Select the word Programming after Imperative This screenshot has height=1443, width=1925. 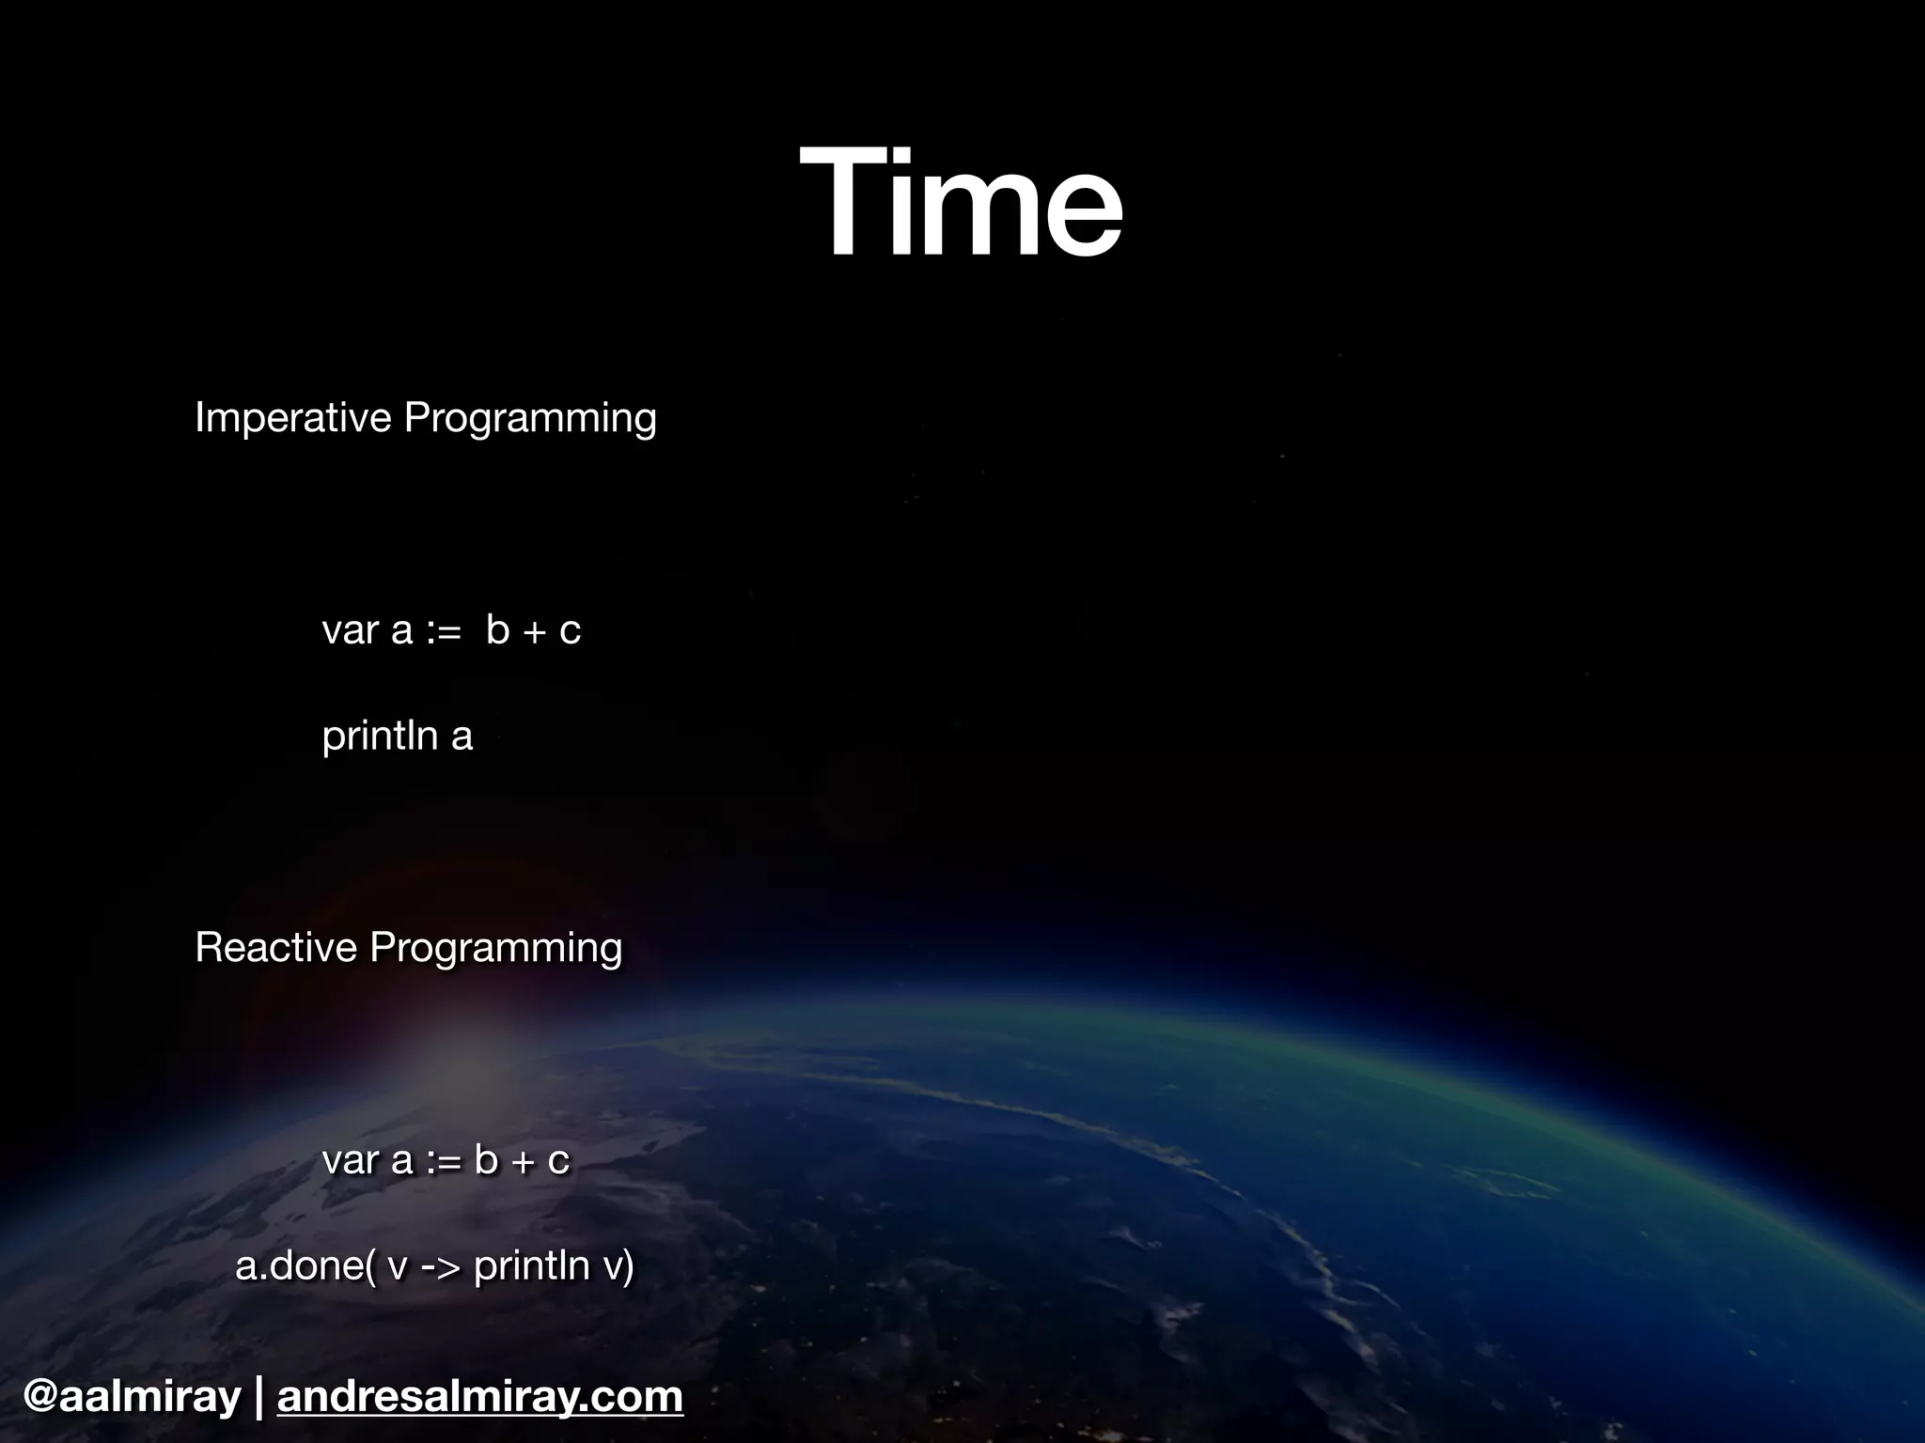pos(529,418)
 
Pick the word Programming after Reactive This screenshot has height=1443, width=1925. pos(495,947)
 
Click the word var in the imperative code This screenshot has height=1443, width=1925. pos(350,630)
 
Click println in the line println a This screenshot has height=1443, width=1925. pos(380,736)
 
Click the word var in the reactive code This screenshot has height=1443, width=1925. pos(350,1160)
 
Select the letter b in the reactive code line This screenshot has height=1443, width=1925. pos(486,1159)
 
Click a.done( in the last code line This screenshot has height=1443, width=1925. pos(305,1266)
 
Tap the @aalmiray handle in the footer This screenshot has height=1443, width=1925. pos(132,1396)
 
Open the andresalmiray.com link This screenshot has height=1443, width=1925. pos(479,1396)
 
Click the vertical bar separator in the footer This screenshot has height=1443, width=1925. pos(259,1396)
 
